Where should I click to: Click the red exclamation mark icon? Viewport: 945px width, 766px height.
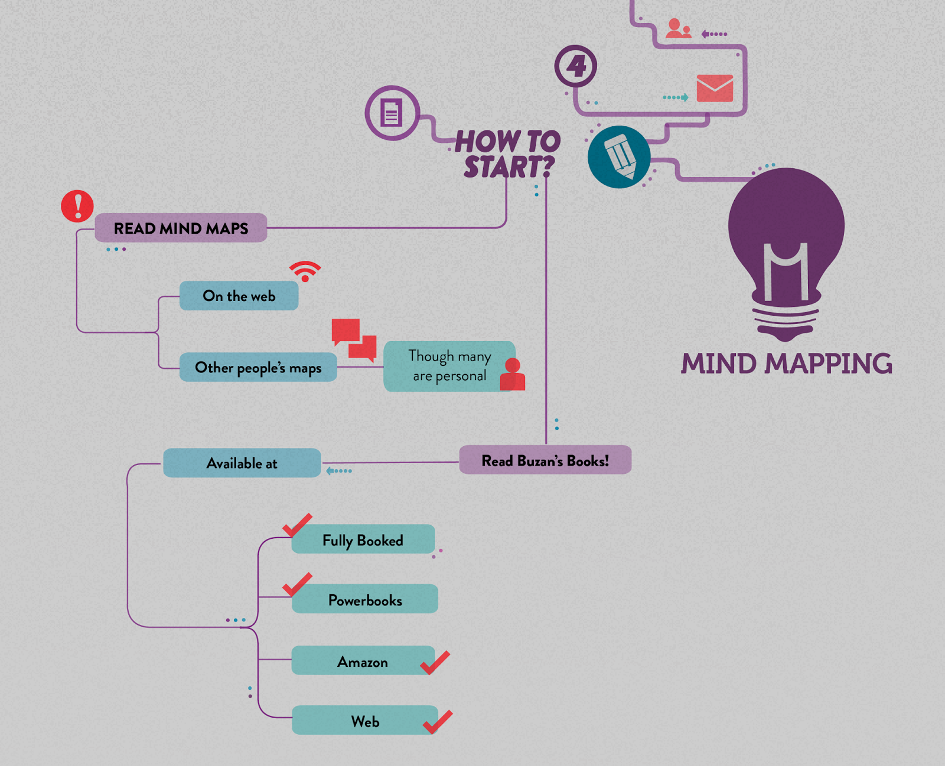[x=77, y=206]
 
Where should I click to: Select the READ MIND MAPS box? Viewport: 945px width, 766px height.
[x=181, y=228]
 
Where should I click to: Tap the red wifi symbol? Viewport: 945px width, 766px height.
[x=305, y=271]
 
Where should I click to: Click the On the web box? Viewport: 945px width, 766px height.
[x=239, y=296]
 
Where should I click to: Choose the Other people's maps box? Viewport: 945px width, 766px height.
[x=258, y=368]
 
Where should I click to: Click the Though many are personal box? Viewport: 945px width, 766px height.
[x=449, y=366]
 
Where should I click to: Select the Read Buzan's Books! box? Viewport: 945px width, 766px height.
[x=545, y=460]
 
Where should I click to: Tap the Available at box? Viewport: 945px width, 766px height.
[x=242, y=463]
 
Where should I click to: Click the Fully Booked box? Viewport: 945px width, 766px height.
[x=363, y=540]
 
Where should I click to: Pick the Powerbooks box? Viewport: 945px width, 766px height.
[x=365, y=600]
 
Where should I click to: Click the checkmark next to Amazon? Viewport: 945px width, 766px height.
[x=435, y=663]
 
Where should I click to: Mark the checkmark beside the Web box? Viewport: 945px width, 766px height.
[x=438, y=722]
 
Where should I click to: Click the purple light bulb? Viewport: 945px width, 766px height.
[x=786, y=248]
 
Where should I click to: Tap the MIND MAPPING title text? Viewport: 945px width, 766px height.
[x=786, y=364]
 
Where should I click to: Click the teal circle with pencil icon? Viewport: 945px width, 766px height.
[x=619, y=157]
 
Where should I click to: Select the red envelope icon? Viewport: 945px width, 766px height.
[x=715, y=89]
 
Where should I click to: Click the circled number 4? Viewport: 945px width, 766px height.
[x=576, y=66]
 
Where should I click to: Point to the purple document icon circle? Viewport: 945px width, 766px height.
[x=392, y=113]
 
